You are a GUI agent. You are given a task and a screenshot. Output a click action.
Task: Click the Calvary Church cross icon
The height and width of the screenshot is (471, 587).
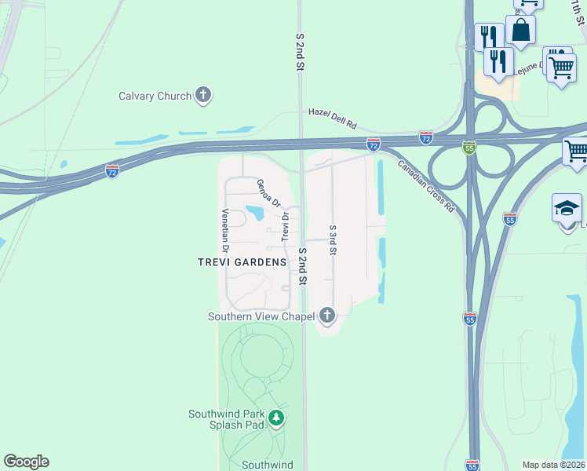click(203, 96)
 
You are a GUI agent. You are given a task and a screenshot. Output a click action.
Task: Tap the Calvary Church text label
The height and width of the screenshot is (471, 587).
click(155, 96)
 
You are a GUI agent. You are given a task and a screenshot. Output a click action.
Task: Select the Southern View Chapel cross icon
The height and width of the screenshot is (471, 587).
click(327, 316)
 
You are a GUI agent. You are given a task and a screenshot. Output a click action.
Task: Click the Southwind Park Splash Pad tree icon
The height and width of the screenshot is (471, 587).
click(275, 418)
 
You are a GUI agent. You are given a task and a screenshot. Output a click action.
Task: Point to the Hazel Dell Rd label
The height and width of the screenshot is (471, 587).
click(332, 118)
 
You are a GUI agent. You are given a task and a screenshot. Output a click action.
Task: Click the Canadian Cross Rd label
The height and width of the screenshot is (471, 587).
click(426, 187)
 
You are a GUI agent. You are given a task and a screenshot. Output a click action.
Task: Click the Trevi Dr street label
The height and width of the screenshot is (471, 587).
click(286, 227)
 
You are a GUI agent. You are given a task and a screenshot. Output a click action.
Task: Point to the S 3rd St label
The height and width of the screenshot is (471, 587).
click(333, 240)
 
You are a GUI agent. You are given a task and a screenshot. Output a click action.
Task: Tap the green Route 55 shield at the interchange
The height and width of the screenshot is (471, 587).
click(469, 148)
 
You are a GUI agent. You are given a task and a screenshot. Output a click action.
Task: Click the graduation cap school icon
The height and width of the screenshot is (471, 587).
click(567, 209)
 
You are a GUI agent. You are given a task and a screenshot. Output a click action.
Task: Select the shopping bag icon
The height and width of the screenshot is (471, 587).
click(520, 31)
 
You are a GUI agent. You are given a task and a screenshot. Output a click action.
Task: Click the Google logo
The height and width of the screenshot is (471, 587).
click(26, 462)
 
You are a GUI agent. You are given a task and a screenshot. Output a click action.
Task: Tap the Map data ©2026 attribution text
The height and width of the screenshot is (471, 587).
click(553, 465)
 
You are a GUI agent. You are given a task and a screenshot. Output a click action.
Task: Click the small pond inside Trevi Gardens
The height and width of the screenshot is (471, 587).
click(254, 212)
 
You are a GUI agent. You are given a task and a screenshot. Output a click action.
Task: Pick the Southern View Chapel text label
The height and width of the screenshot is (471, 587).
click(261, 316)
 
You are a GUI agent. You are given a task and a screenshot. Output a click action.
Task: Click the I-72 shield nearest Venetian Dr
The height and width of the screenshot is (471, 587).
click(112, 170)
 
